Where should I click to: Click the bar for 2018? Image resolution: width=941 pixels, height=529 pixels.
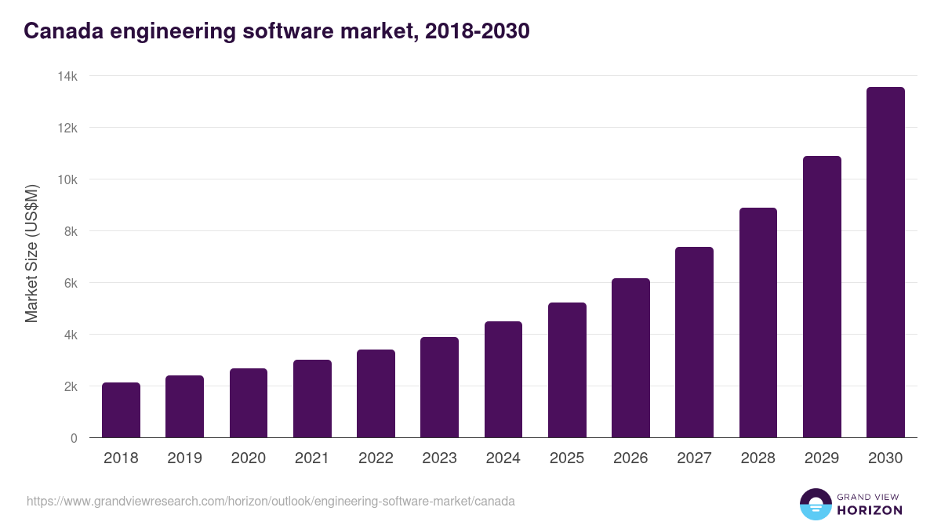(x=121, y=410)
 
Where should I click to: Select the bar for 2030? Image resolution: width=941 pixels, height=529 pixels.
(x=885, y=263)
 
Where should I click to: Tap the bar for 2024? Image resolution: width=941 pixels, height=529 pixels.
(x=503, y=379)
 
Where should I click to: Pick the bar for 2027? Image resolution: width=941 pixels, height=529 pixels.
(x=694, y=342)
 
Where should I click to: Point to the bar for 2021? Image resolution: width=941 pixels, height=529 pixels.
(x=312, y=399)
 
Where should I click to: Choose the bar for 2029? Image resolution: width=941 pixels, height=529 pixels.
(x=822, y=297)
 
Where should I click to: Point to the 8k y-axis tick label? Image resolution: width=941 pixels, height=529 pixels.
(x=71, y=231)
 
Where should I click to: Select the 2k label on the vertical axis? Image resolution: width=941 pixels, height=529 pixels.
(x=71, y=386)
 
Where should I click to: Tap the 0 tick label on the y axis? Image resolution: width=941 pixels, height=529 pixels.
(x=74, y=438)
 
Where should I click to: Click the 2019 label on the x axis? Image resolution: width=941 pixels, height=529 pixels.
(x=184, y=458)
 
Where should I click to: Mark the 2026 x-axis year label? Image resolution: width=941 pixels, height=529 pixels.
(x=630, y=458)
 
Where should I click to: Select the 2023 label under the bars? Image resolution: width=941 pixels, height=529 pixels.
(x=439, y=458)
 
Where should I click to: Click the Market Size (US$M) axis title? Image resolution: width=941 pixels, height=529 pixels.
(x=31, y=254)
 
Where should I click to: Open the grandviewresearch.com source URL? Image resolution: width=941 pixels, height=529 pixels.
(x=271, y=501)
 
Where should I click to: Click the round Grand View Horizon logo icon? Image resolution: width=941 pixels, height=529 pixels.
(x=815, y=504)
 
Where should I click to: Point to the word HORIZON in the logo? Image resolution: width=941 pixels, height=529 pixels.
(x=870, y=510)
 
